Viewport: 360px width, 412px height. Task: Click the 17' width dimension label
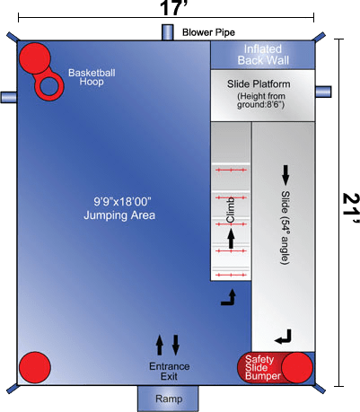pyautogui.click(x=173, y=7)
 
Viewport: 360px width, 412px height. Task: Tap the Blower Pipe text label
pyautogui.click(x=208, y=32)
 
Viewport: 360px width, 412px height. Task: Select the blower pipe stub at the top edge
pyautogui.click(x=168, y=32)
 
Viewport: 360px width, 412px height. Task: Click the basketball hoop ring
pyautogui.click(x=49, y=87)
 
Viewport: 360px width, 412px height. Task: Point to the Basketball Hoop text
pyautogui.click(x=92, y=77)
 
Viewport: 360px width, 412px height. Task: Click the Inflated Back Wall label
pyautogui.click(x=263, y=55)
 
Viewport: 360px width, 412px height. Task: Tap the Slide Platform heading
pyautogui.click(x=259, y=84)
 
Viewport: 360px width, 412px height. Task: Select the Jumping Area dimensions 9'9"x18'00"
pyautogui.click(x=122, y=202)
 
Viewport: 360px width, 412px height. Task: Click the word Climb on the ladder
pyautogui.click(x=231, y=210)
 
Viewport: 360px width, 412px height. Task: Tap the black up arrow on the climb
pyautogui.click(x=231, y=239)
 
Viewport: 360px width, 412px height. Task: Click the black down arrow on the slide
pyautogui.click(x=285, y=175)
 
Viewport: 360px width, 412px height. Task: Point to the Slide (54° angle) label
pyautogui.click(x=285, y=227)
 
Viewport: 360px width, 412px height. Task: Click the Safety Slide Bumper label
pyautogui.click(x=262, y=367)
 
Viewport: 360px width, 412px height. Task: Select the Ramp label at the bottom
pyautogui.click(x=169, y=399)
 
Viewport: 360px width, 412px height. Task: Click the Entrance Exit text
pyautogui.click(x=169, y=371)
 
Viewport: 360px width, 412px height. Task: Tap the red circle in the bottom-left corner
pyautogui.click(x=35, y=367)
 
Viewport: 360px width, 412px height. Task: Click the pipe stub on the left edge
pyautogui.click(x=8, y=97)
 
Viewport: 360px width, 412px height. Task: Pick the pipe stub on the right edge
pyautogui.click(x=323, y=92)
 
